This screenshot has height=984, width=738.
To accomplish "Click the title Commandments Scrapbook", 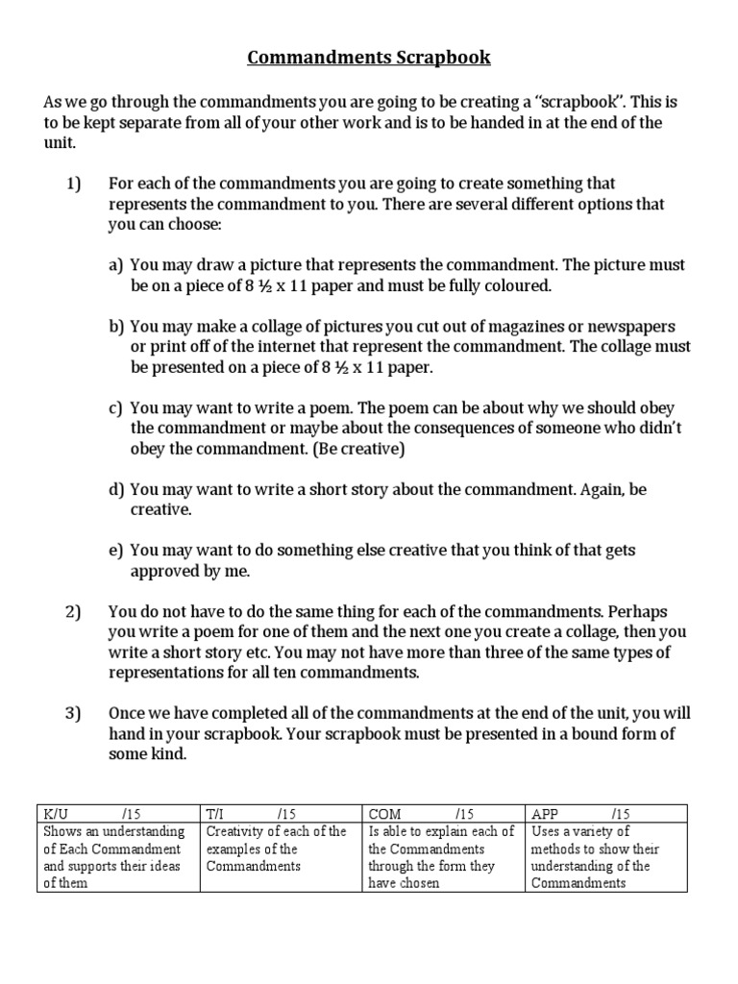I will pos(369,58).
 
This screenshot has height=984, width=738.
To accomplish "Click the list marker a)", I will pos(117,265).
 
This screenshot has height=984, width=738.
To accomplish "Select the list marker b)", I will pos(117,327).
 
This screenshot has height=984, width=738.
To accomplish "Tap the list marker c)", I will pos(117,407).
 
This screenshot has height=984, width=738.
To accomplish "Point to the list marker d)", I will pos(117,489).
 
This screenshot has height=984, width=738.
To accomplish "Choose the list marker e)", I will pos(117,551).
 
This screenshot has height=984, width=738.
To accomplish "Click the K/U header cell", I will pos(119,813).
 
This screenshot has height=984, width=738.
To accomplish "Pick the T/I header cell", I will pos(281,813).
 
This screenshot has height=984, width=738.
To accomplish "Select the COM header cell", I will pos(443,813).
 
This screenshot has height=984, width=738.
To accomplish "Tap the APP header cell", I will pos(606,813).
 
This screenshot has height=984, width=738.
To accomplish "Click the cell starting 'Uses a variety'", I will pos(606,857).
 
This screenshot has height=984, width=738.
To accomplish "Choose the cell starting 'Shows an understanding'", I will pos(119,857).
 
